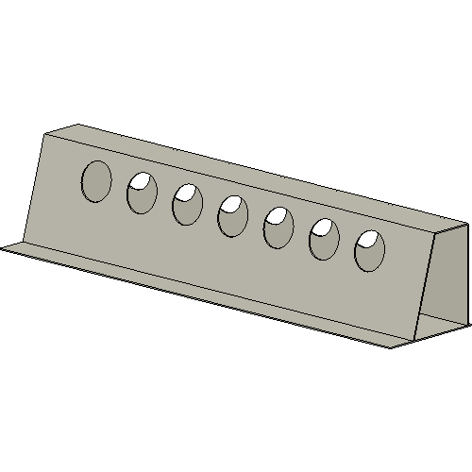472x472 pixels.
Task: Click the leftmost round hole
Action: pos(96,180)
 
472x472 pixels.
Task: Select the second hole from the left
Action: pos(142,193)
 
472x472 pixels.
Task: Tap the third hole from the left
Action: pos(187,205)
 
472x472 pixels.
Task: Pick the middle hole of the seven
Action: pos(232,217)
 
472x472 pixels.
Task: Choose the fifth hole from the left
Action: pos(278,228)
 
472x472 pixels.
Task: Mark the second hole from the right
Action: pos(325,240)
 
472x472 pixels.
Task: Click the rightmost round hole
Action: pos(370,251)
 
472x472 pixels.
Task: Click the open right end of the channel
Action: pos(444,283)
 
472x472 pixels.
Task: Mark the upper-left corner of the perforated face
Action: pos(44,134)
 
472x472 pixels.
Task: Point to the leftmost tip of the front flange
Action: pos(3,248)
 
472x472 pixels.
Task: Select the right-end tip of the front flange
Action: pos(390,346)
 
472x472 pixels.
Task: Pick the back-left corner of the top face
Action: pos(77,124)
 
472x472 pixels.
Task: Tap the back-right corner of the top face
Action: pos(467,223)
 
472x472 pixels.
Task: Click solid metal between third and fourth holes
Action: pos(210,211)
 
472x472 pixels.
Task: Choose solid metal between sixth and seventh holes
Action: pos(347,245)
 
